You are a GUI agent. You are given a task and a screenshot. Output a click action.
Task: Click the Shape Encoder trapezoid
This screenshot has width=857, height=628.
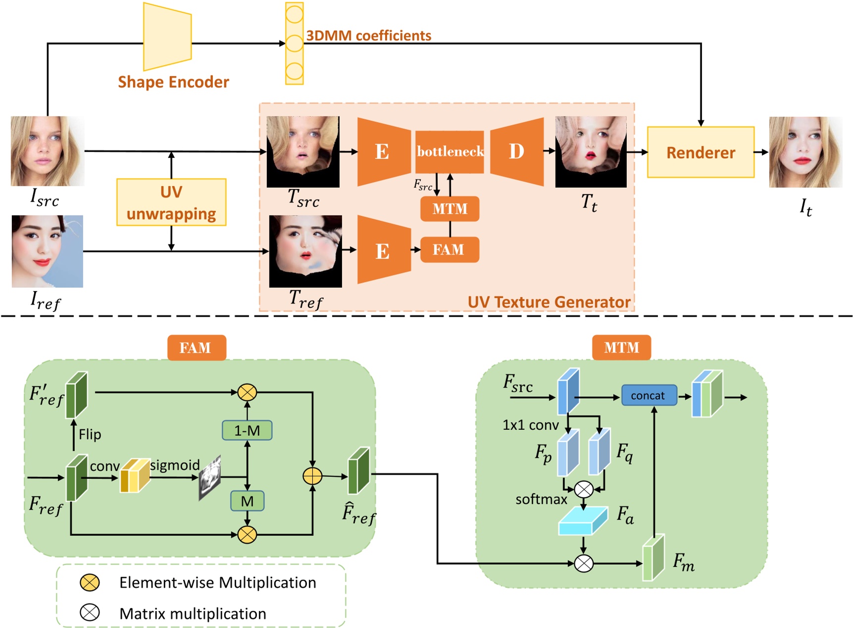[x=167, y=37]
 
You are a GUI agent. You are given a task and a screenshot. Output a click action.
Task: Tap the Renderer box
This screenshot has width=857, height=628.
[x=700, y=152]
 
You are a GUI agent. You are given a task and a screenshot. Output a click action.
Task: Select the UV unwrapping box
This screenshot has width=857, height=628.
[x=171, y=202]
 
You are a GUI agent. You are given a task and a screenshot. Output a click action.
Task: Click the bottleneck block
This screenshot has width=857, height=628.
[x=450, y=152]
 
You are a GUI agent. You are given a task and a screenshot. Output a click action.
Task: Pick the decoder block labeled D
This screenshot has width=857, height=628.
[x=517, y=152]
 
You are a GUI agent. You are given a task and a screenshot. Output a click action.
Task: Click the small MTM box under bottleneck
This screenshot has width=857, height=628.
[x=450, y=209]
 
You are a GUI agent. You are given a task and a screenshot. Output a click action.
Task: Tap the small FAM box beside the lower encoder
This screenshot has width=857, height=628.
[x=449, y=250]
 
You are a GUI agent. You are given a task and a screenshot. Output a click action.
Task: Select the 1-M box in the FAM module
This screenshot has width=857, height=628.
[x=247, y=430]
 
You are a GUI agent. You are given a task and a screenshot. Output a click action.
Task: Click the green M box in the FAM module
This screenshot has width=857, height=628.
[x=247, y=501]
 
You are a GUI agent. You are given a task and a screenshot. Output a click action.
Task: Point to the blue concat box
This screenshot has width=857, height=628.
[x=649, y=395]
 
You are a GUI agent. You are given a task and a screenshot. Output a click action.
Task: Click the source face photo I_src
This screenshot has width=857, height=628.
[x=47, y=151]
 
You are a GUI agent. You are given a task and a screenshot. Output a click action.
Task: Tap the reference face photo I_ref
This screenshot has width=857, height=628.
[x=47, y=251]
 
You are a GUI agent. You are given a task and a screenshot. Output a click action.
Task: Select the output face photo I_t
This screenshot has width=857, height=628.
[x=805, y=152]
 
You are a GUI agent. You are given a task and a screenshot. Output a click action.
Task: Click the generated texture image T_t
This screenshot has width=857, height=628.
[x=591, y=152]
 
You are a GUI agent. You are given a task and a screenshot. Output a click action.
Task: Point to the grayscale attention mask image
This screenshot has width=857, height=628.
[x=209, y=477]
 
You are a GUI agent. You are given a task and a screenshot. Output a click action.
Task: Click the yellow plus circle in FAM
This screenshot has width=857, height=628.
[x=312, y=476]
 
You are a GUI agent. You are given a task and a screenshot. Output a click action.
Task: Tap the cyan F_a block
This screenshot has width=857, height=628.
[x=582, y=521]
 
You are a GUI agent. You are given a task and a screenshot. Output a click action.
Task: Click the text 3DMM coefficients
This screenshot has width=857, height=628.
[x=368, y=36]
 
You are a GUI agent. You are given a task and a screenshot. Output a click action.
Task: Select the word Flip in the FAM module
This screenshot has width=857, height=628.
[x=90, y=434]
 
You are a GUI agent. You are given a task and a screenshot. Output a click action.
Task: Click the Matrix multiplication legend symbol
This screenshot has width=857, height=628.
[x=90, y=613]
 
